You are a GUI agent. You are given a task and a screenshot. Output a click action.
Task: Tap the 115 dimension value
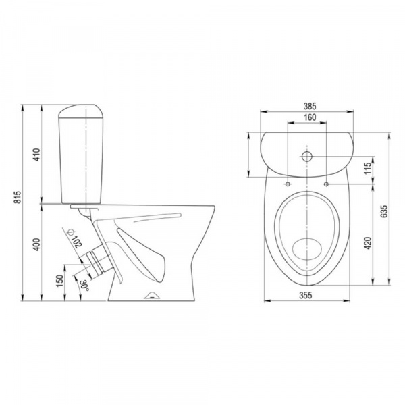pyautogui.click(x=367, y=167)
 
